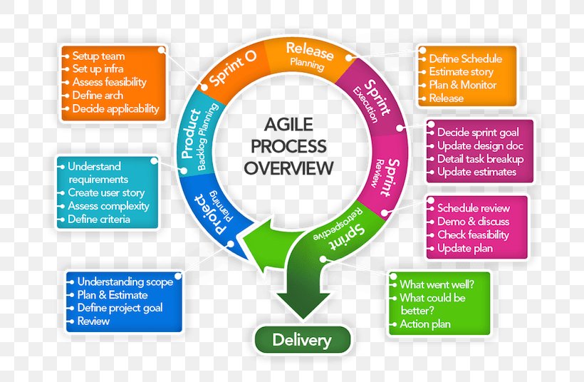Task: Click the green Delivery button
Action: [302, 340]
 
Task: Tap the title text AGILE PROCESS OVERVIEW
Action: [288, 148]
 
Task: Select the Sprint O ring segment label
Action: [233, 68]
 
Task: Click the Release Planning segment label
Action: [308, 55]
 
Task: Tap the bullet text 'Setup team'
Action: [98, 56]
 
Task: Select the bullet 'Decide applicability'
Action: [115, 109]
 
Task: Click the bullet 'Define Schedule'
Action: [465, 58]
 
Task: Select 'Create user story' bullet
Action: [106, 192]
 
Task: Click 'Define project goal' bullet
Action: [120, 308]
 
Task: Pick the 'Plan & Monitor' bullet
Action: [462, 85]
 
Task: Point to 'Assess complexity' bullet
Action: [108, 206]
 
